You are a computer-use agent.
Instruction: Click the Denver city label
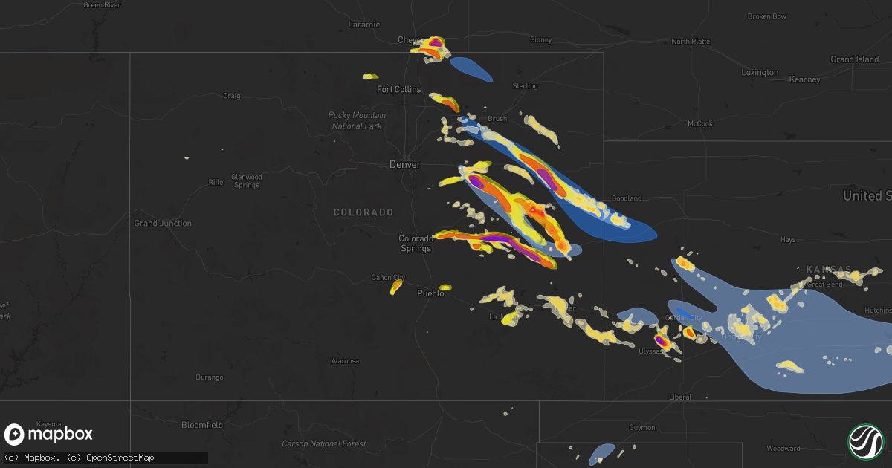coord(405,164)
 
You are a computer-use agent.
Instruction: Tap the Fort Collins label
coord(398,89)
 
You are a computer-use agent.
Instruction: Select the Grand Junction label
coord(162,223)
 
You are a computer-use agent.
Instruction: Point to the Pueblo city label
coord(430,293)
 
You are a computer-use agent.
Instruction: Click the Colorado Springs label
coord(416,243)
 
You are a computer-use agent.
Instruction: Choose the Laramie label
coord(364,25)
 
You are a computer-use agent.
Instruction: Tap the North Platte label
coord(691,42)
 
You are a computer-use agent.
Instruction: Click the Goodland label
coord(626,198)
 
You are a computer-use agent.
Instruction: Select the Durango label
coord(210,377)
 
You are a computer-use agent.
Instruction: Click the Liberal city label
coord(679,397)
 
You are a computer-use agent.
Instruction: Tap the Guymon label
coord(642,428)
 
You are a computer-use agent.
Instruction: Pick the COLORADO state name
coord(363,212)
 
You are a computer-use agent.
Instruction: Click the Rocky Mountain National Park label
coord(357,120)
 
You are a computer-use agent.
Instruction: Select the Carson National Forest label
coord(323,443)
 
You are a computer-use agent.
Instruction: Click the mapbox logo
coord(49,435)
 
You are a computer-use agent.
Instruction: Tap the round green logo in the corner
coord(865,441)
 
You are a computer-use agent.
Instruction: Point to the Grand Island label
coord(854,59)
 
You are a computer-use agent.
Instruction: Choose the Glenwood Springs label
coord(246,181)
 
